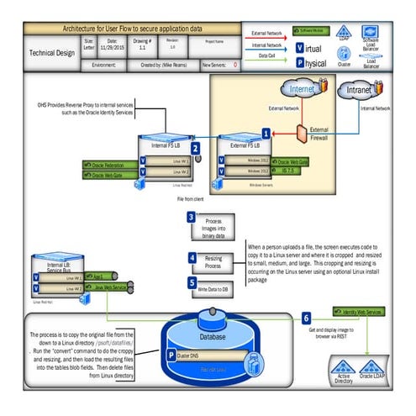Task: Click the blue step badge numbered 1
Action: pyautogui.click(x=266, y=133)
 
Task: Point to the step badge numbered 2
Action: pyautogui.click(x=195, y=149)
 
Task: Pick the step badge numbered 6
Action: pyautogui.click(x=305, y=318)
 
